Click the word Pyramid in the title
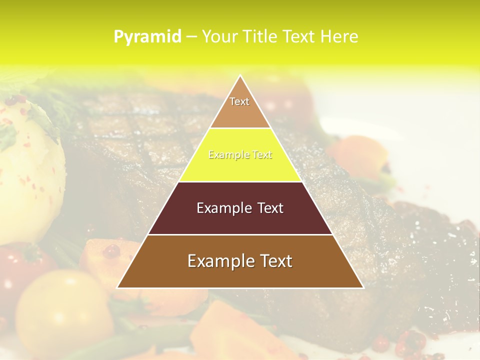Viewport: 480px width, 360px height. (147, 37)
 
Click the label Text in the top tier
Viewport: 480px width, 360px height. (239, 101)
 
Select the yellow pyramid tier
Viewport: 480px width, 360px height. (240, 167)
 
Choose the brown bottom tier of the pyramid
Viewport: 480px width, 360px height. (240, 275)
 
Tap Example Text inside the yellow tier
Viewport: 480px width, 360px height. (240, 155)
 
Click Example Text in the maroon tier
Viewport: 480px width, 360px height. (240, 208)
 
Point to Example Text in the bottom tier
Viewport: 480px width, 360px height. (240, 261)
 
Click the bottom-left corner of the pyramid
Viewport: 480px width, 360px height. (118, 287)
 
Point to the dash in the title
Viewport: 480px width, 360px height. (191, 37)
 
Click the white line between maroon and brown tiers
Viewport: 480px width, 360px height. (240, 234)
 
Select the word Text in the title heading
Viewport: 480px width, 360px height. (298, 37)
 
